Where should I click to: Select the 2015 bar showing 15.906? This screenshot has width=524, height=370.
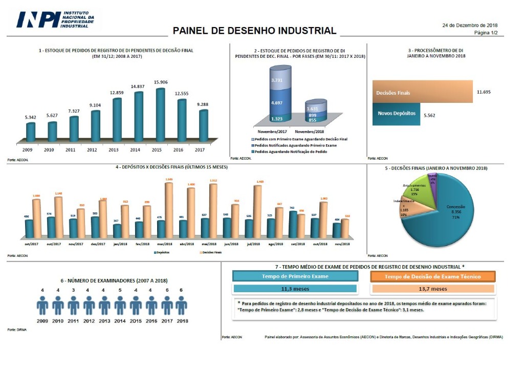(160, 115)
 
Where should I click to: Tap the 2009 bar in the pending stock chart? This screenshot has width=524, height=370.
(31, 132)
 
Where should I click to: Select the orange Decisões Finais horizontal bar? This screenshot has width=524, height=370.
(422, 93)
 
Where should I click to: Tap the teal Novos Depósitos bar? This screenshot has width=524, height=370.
(397, 113)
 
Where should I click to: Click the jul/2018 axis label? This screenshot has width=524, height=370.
(254, 245)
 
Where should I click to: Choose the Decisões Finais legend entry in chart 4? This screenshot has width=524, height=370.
(211, 252)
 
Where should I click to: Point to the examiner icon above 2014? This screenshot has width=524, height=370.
(120, 306)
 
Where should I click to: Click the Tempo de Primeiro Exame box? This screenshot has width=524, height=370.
(295, 276)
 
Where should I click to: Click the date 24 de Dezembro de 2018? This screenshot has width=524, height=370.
(470, 25)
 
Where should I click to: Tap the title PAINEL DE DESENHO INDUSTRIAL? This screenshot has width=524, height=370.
(254, 31)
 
